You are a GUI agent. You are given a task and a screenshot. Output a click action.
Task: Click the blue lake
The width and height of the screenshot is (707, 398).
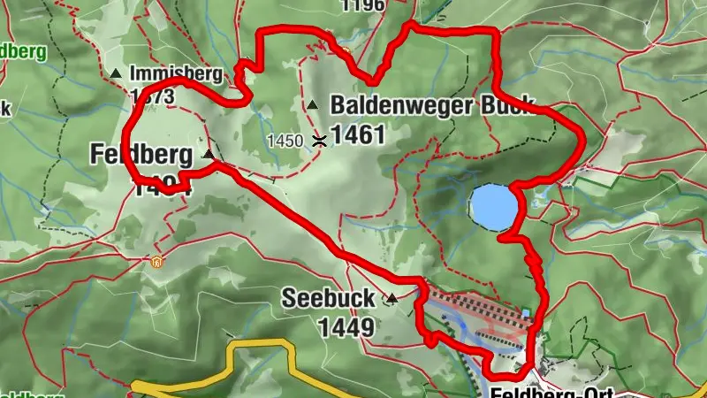point(491,206)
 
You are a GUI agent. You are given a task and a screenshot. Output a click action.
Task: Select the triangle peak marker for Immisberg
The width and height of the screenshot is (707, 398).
point(116,73)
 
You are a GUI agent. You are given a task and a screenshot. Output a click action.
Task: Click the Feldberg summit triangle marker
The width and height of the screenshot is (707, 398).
point(209,155)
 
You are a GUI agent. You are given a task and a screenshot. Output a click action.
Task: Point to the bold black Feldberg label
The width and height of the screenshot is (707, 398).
point(141,156)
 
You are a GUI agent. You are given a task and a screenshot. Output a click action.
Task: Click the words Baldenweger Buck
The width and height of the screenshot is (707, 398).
point(431,106)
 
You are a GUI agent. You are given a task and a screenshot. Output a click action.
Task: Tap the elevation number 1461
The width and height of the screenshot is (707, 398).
point(359,135)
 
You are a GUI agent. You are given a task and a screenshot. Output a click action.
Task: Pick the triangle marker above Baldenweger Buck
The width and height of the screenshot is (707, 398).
point(312,105)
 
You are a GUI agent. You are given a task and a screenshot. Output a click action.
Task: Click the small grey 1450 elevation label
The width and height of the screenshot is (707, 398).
point(285,140)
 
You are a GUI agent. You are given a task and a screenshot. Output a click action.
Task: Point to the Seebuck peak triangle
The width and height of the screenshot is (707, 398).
point(391,300)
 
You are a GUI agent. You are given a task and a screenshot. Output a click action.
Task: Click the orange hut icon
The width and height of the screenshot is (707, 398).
point(156,261)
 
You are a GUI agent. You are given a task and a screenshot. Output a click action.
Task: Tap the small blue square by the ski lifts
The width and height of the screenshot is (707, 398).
point(526,313)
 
